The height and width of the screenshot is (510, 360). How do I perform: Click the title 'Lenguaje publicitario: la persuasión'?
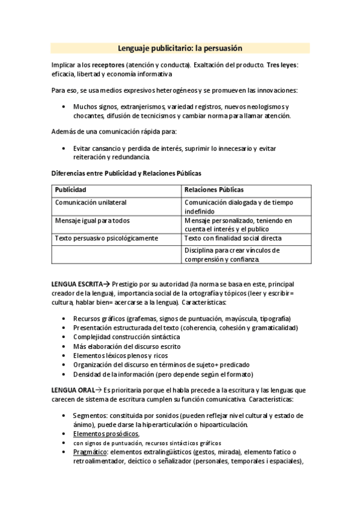pos(180,48)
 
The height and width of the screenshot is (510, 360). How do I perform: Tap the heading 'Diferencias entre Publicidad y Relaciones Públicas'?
pos(126,173)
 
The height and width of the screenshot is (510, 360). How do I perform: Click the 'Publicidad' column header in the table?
pos(71,190)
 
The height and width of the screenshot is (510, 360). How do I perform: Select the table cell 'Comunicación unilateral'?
pos(91,203)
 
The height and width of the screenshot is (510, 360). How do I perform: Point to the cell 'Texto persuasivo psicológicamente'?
pos(106,238)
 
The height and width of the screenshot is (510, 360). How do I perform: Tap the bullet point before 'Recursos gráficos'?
pos(64,319)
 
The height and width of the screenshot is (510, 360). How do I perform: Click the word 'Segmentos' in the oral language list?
pos(90,416)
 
